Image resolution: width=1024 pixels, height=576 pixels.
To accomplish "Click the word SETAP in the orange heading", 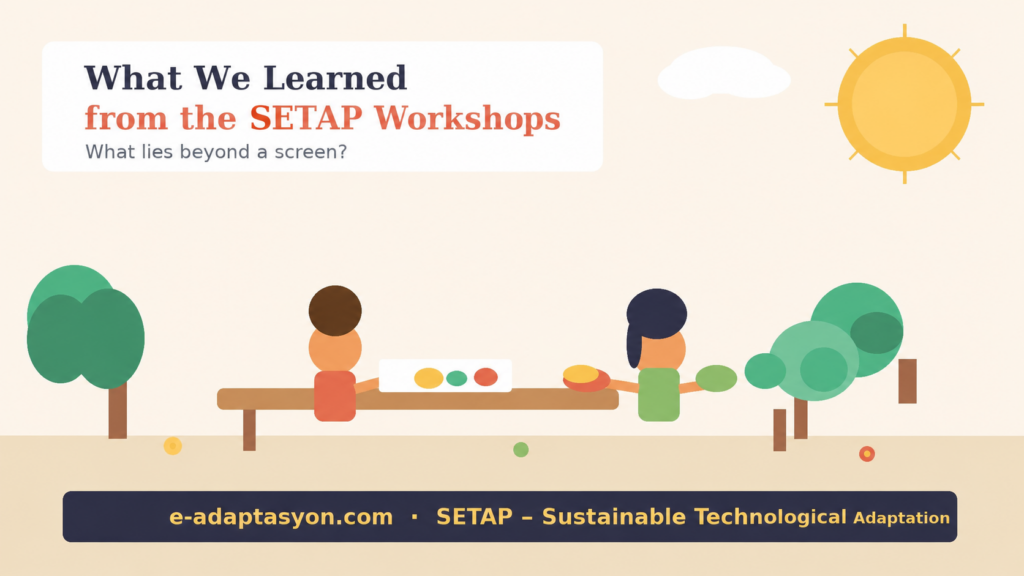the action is point(306,118).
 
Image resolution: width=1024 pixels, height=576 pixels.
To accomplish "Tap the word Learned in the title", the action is point(335,78).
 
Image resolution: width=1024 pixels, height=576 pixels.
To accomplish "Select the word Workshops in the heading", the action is point(467,118).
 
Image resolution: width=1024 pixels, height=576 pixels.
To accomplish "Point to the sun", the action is point(904,104).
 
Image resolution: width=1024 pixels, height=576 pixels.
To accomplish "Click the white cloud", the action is point(724,73).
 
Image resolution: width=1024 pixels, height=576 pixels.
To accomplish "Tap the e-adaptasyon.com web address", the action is point(281,517).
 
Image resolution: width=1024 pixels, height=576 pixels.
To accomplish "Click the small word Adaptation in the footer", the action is point(901,518).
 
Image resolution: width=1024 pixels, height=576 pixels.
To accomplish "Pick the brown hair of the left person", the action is point(335,310).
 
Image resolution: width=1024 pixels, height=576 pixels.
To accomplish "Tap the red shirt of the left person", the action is point(335,396).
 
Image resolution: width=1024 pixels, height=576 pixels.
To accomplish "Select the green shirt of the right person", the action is point(659,394).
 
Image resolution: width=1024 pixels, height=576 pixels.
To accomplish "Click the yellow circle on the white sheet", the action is point(428,378).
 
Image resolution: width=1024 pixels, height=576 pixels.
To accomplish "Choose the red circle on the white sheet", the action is point(485,377).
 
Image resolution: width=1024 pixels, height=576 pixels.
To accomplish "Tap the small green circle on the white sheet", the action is point(456,378).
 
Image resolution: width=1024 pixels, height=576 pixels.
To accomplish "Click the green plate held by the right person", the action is point(716,378).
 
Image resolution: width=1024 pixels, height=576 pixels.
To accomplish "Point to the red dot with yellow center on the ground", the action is point(867,454).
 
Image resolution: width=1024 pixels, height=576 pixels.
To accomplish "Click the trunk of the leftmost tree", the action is point(118,410).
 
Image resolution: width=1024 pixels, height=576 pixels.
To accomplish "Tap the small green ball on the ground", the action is point(520,449).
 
